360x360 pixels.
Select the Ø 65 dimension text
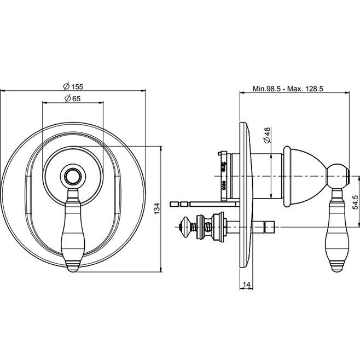point(73,98)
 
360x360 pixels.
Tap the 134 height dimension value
point(156,208)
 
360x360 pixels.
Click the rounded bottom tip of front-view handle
point(73,267)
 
